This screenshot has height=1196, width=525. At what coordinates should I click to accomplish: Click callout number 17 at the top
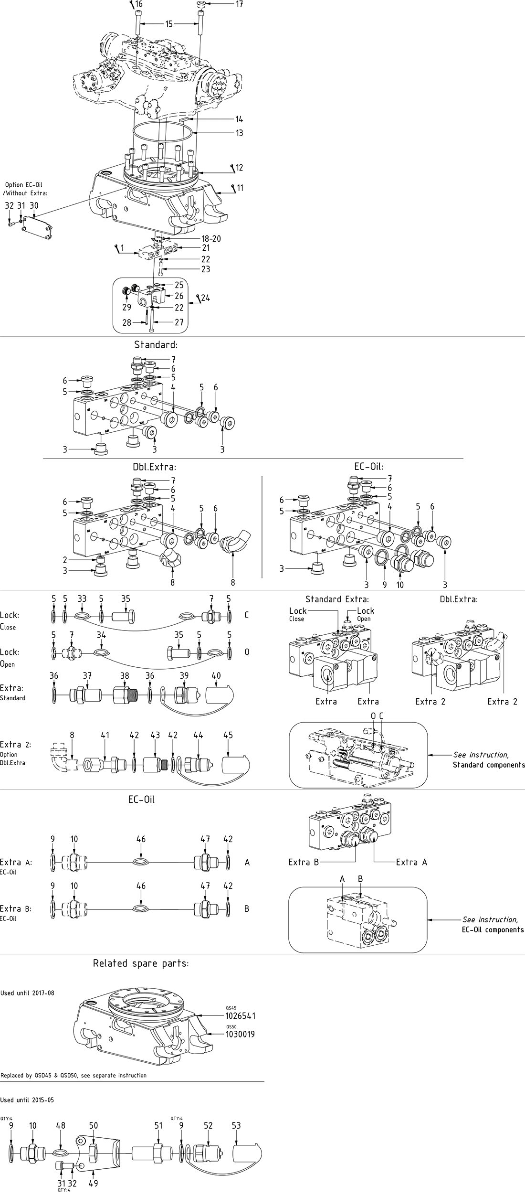pyautogui.click(x=239, y=4)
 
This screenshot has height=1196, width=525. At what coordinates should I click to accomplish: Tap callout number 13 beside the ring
pyautogui.click(x=239, y=133)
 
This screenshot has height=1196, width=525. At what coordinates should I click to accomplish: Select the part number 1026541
pyautogui.click(x=240, y=1015)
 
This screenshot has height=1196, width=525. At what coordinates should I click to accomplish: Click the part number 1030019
pyautogui.click(x=240, y=1034)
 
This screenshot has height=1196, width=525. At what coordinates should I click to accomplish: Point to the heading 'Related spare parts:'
pyautogui.click(x=140, y=963)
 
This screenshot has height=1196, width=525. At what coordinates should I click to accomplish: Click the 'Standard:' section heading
pyautogui.click(x=156, y=344)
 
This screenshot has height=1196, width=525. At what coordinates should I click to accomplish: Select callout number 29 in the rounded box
pyautogui.click(x=126, y=308)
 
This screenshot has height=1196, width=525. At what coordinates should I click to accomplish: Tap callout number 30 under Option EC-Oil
pyautogui.click(x=34, y=205)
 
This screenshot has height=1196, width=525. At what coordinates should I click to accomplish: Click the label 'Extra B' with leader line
pyautogui.click(x=303, y=862)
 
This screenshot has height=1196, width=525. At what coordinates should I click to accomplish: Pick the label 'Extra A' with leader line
pyautogui.click(x=411, y=862)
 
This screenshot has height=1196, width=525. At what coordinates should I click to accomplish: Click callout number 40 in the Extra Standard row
pyautogui.click(x=216, y=675)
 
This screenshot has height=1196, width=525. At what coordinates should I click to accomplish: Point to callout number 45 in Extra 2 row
pyautogui.click(x=228, y=735)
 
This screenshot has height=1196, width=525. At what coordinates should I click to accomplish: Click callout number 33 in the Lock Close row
pyautogui.click(x=82, y=599)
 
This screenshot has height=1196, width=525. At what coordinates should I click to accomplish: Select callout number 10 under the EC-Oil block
pyautogui.click(x=400, y=585)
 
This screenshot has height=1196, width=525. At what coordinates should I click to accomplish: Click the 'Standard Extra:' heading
pyautogui.click(x=337, y=599)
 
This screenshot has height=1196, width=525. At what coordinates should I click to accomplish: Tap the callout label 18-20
pyautogui.click(x=211, y=239)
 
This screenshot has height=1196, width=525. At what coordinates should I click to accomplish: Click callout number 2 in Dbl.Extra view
pyautogui.click(x=65, y=560)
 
